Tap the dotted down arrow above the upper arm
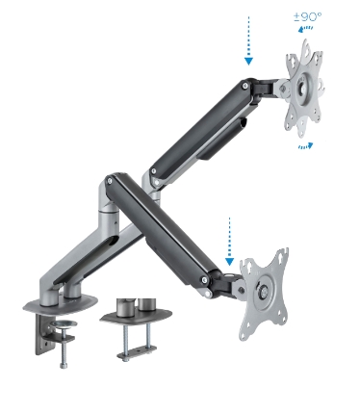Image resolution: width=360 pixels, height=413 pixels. [x=248, y=39]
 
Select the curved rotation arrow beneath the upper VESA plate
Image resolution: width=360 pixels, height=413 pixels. [x=304, y=145]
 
